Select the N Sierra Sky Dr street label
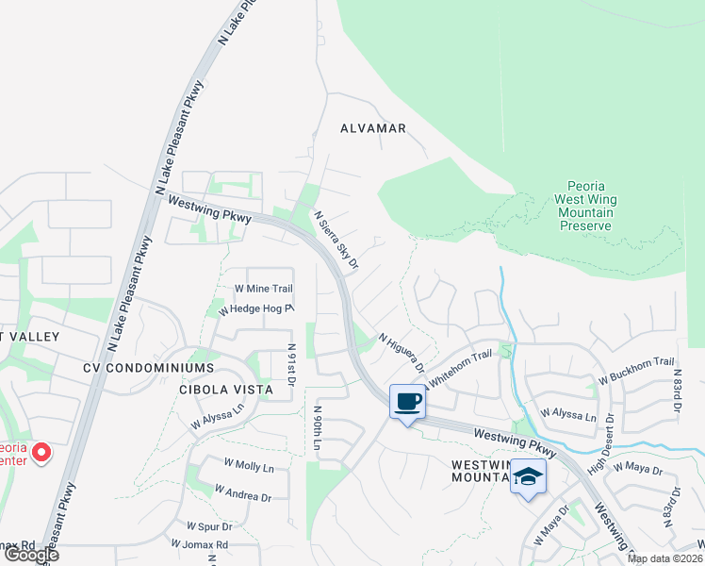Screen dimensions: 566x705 click(x=336, y=241)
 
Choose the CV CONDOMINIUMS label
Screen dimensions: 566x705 click(x=149, y=367)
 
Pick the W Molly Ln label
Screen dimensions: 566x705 click(x=249, y=467)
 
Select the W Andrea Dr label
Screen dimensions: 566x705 click(x=242, y=491)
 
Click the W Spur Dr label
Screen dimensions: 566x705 click(x=209, y=525)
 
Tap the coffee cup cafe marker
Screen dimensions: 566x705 click(x=407, y=403)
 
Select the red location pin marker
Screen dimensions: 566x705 click(x=41, y=453)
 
